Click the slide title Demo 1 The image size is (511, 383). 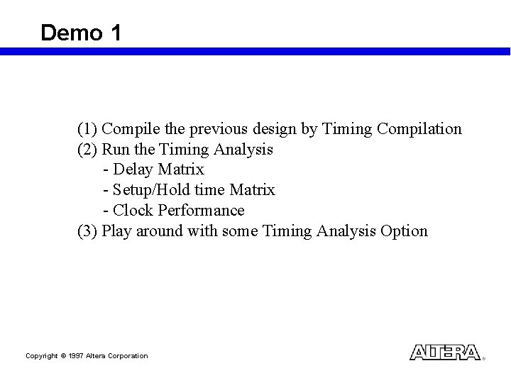[x=81, y=32]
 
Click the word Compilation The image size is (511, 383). [x=419, y=130]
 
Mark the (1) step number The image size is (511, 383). [x=87, y=130]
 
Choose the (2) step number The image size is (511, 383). [x=87, y=150]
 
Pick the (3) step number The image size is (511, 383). [x=87, y=231]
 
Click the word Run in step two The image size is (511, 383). [x=115, y=150]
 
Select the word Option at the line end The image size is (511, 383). [x=405, y=231]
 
